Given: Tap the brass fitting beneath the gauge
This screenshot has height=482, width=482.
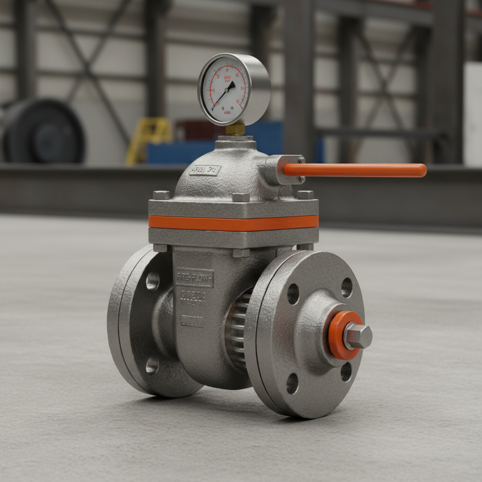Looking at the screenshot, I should pos(235,129).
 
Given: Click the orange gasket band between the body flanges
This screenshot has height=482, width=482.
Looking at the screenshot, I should pos(233,223).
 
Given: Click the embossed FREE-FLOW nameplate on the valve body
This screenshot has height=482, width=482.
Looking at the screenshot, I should pos(194,278).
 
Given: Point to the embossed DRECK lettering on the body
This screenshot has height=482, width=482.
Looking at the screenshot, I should pos(193,297).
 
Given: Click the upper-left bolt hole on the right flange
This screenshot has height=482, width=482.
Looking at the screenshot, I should pos(293,294).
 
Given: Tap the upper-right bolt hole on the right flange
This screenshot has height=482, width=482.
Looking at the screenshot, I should pos(347,288).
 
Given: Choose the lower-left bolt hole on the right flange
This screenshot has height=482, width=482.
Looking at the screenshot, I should pos(292,383).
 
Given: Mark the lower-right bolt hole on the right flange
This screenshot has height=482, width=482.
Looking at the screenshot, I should pos(346,372).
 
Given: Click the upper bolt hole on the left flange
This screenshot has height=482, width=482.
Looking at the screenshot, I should pos(153,281).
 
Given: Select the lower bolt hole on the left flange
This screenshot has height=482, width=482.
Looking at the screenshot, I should pos(152,365).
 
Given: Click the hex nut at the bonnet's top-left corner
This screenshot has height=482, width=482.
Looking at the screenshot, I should pos(161,195).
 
